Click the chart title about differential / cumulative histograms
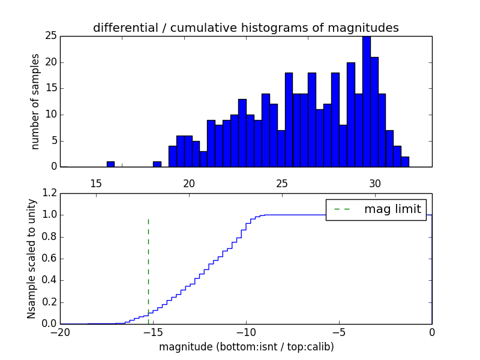(x=245, y=28)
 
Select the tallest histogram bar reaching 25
(x=366, y=101)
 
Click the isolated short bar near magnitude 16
(x=110, y=164)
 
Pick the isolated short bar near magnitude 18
(x=157, y=164)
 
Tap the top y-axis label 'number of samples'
(x=35, y=101)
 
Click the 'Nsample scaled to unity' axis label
(x=31, y=259)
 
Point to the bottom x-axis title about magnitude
(x=246, y=347)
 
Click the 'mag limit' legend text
(x=392, y=209)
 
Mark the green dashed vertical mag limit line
(x=148, y=270)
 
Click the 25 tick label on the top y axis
(x=50, y=36)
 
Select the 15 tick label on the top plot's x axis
(x=96, y=184)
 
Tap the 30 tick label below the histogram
(x=375, y=184)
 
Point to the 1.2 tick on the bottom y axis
(x=49, y=193)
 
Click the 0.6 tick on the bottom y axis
(x=49, y=259)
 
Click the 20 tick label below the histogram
(x=189, y=184)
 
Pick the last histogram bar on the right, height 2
(x=405, y=161)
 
